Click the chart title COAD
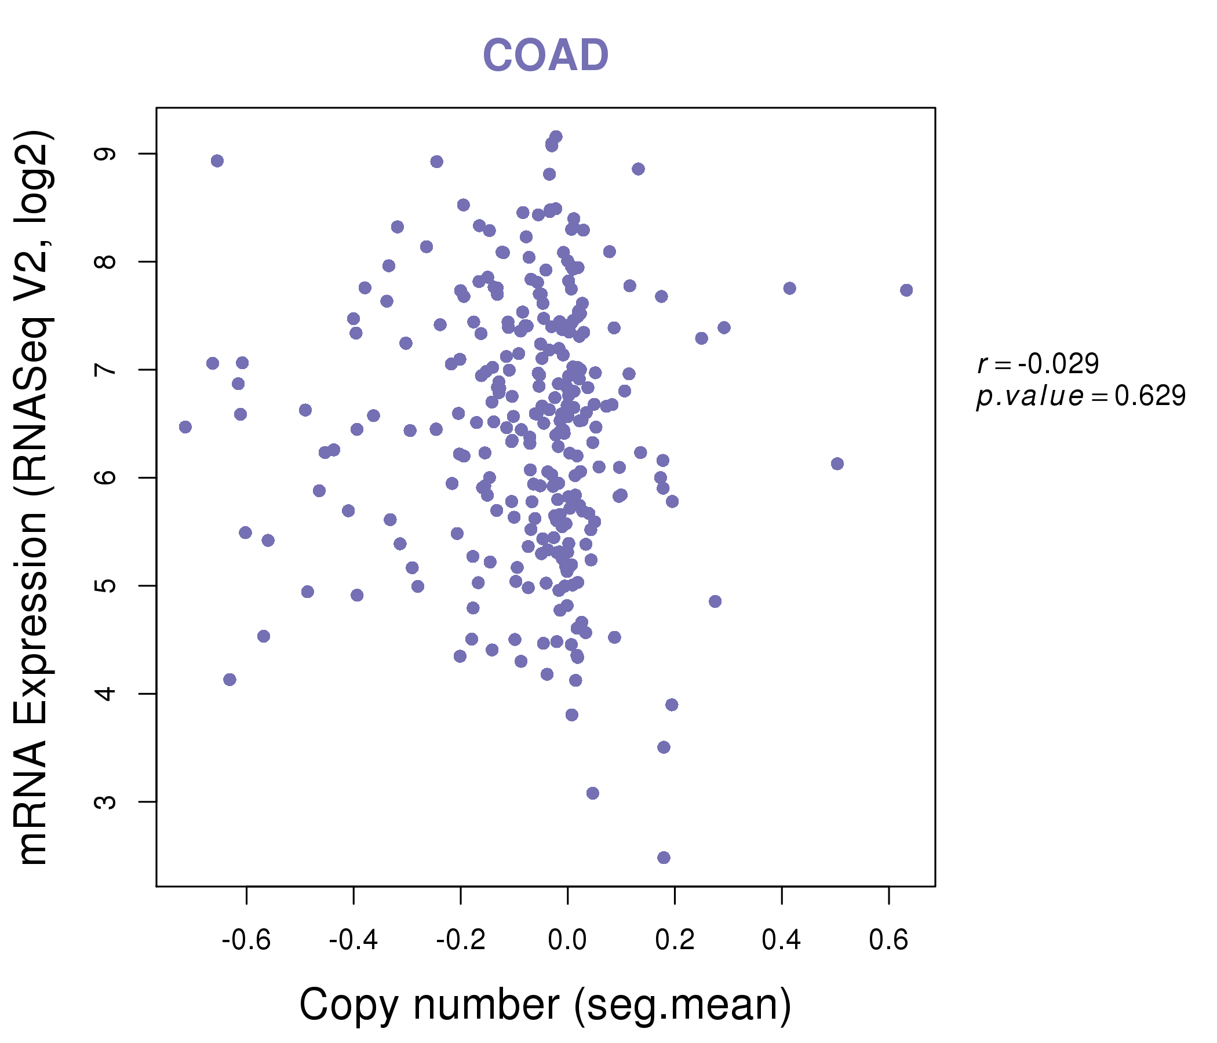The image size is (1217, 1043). tap(545, 55)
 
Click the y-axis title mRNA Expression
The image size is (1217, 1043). tap(34, 497)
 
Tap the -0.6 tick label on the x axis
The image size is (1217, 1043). tap(246, 940)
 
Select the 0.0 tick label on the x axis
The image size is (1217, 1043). tap(567, 940)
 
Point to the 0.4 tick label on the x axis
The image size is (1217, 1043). tap(781, 940)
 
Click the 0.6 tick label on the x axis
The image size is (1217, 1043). tap(888, 940)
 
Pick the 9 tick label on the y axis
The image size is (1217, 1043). tap(106, 154)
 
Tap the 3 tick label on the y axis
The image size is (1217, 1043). tap(106, 801)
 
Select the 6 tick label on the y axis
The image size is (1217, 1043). tap(106, 477)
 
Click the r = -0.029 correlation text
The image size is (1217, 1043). tap(1038, 364)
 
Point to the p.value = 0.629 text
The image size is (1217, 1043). tap(1081, 396)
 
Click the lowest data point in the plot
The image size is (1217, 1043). tap(664, 858)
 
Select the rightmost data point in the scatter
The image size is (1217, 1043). tap(906, 290)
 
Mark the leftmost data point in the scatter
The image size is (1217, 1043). tap(185, 427)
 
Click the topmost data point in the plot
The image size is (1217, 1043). tap(556, 137)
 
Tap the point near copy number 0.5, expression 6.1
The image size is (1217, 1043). tap(837, 464)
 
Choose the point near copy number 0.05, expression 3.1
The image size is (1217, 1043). tap(593, 793)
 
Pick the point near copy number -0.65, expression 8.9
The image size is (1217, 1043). tap(217, 161)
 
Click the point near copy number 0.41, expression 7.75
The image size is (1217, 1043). tap(789, 289)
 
